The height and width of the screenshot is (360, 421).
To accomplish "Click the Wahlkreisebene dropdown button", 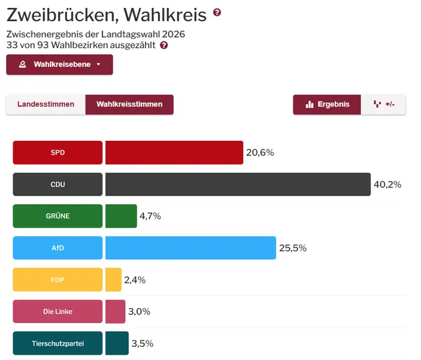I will [59, 64].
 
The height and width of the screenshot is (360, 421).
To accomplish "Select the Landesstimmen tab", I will [45, 105].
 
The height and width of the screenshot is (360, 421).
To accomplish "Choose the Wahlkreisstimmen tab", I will [129, 105].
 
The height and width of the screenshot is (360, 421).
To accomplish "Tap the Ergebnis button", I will [327, 105].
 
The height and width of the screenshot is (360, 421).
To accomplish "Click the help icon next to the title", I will [217, 13].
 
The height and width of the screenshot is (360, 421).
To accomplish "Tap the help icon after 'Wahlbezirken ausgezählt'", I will [164, 45].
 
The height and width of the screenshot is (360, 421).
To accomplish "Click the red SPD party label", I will [58, 153].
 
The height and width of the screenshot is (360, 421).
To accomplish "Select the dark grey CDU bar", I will [237, 184].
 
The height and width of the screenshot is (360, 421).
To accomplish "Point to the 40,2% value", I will [387, 184].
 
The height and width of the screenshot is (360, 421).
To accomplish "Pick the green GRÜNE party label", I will [58, 216].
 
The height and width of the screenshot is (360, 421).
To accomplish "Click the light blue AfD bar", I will [190, 247].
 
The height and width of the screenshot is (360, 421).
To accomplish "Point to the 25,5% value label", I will [293, 248].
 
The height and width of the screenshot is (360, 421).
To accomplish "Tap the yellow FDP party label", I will [58, 280].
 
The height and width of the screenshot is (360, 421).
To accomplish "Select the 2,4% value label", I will [135, 280].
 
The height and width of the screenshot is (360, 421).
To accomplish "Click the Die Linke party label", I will [58, 311].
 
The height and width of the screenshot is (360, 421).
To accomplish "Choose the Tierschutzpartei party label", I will [58, 343].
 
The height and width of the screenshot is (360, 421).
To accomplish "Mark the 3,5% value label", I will [142, 344].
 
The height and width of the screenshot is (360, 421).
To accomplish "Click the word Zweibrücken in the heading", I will [59, 14].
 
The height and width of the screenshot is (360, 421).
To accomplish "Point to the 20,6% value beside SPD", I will [260, 153].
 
